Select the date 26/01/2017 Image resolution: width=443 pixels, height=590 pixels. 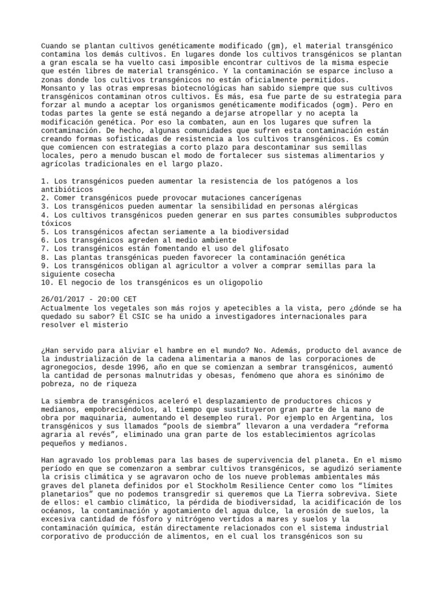pos(63,300)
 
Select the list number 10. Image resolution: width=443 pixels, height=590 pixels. pos(46,283)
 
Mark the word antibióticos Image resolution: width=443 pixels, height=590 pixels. pos(67,189)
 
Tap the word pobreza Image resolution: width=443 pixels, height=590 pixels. pos(59,384)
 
